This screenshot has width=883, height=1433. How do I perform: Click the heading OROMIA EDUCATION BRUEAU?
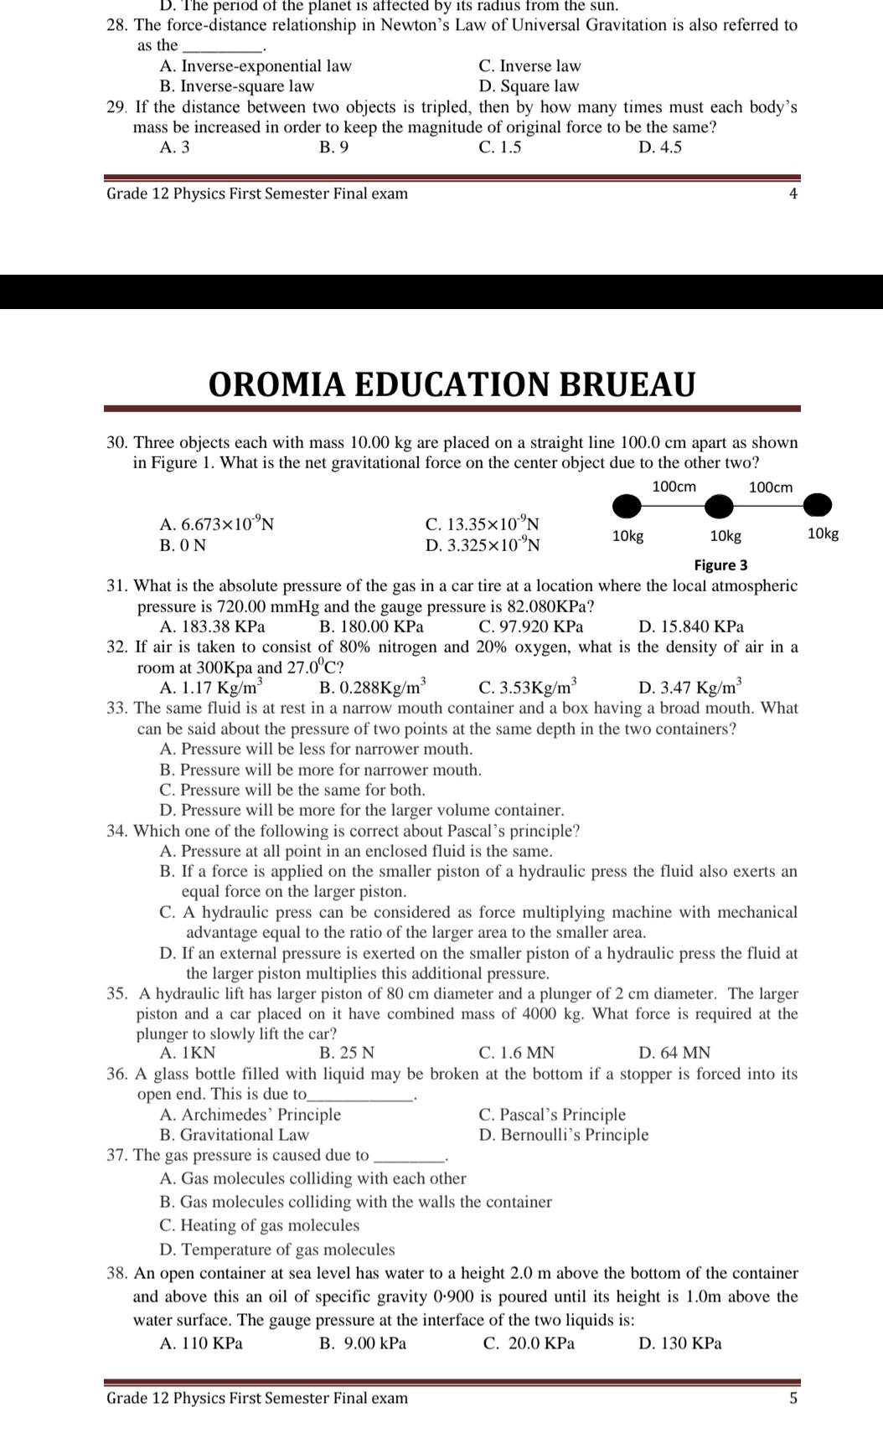[x=452, y=384]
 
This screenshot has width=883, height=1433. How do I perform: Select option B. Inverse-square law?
[x=236, y=86]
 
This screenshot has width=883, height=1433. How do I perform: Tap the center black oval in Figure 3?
[x=718, y=507]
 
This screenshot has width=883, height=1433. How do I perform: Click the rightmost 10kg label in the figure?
[x=823, y=534]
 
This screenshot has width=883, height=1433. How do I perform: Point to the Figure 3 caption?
[x=720, y=565]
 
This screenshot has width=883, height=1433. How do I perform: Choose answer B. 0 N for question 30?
[x=183, y=545]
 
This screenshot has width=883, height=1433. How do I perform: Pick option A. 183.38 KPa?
[x=212, y=626]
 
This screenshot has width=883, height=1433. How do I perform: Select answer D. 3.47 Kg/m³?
[x=689, y=688]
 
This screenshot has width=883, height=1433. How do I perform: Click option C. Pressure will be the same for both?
[x=292, y=790]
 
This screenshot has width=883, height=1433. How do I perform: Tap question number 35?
[x=116, y=994]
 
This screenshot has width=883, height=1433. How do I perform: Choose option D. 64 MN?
[x=674, y=1053]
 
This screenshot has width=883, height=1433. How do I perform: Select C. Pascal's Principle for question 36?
[x=552, y=1115]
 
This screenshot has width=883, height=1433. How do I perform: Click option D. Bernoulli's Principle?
[x=563, y=1135]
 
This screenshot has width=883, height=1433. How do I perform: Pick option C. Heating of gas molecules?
[x=259, y=1225]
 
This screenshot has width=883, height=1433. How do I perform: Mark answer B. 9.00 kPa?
[x=363, y=1343]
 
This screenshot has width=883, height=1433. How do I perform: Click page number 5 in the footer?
[x=793, y=1398]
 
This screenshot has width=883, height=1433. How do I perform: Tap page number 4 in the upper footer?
[x=793, y=194]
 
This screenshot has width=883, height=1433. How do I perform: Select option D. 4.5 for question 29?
[x=659, y=147]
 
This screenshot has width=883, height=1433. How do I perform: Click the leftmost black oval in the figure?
[x=627, y=507]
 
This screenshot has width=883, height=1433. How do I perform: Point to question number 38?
[x=117, y=1274]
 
